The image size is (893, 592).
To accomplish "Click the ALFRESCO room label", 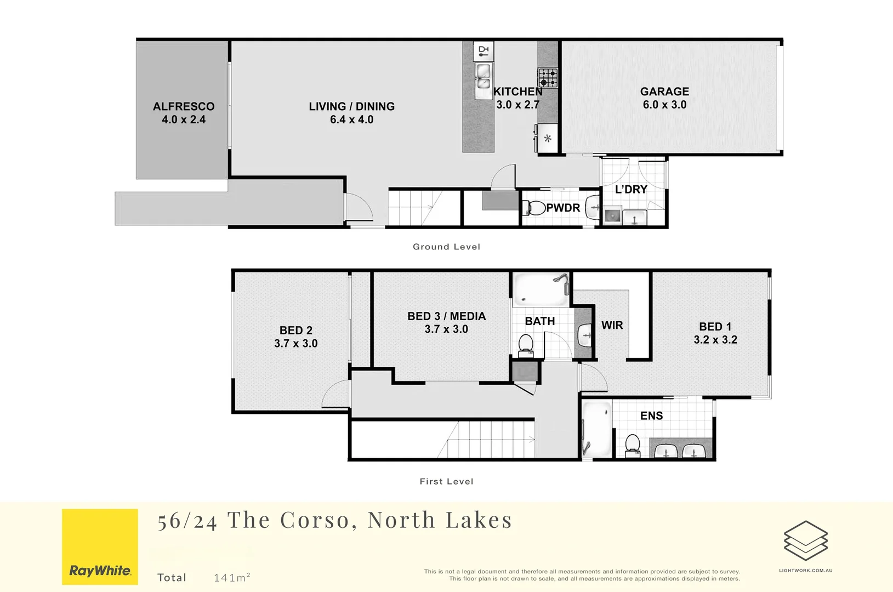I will [184, 106].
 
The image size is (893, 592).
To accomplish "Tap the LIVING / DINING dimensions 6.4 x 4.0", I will [351, 119].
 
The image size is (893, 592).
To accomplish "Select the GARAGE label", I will [664, 92].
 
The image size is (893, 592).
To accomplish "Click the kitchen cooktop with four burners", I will [547, 78].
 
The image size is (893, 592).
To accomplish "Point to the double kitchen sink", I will [483, 77].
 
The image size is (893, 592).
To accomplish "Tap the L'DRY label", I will [631, 189].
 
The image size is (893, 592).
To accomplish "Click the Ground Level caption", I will [446, 247].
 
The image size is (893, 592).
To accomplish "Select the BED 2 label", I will [295, 330].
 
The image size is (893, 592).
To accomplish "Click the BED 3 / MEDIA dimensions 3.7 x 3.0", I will [446, 329].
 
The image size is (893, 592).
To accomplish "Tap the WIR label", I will [612, 325].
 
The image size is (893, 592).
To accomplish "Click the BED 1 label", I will [715, 327].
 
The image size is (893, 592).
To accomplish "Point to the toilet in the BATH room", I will [526, 345].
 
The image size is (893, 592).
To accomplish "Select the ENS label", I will [651, 415].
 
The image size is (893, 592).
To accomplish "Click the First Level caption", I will [446, 481].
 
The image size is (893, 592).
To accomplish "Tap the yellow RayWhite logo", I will [100, 547].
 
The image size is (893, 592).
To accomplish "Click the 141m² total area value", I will [232, 577].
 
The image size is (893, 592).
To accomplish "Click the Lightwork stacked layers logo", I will [805, 540].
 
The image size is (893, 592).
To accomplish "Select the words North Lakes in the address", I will [440, 520].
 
